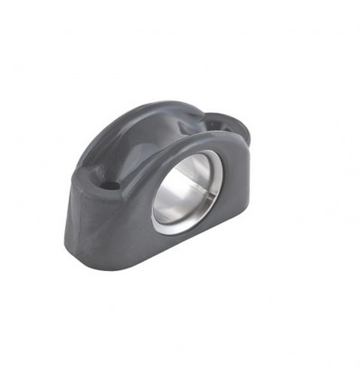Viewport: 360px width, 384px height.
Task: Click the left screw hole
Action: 111,185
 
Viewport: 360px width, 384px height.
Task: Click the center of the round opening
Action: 188,188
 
